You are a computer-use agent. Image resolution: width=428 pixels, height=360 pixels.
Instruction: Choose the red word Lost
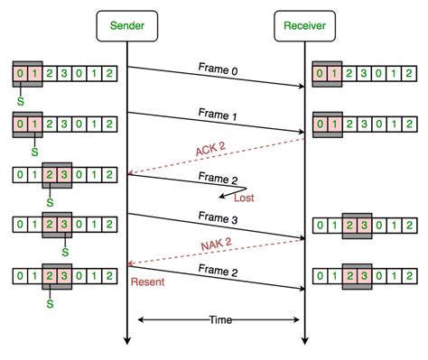[x=245, y=197]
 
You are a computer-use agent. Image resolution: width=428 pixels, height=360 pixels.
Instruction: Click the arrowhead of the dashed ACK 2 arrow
[x=132, y=174]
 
